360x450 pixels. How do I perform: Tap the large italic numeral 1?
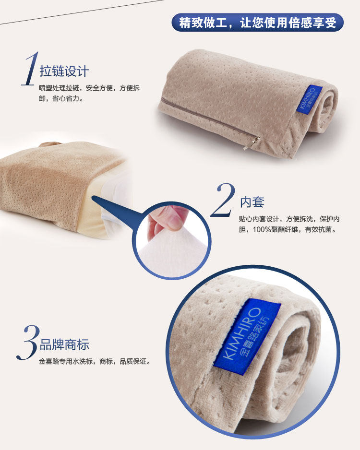pyautogui.click(x=31, y=69)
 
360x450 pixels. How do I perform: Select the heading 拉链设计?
pyautogui.click(x=64, y=71)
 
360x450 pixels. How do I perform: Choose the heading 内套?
pyautogui.click(x=252, y=202)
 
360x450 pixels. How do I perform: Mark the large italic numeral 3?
pyautogui.click(x=28, y=343)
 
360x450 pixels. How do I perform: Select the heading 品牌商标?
pyautogui.click(x=64, y=344)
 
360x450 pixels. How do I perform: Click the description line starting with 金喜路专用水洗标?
pyautogui.click(x=95, y=361)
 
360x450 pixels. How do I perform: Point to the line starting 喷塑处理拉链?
pyautogui.click(x=89, y=88)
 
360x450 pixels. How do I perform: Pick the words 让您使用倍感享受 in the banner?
pyautogui.click(x=288, y=23)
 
